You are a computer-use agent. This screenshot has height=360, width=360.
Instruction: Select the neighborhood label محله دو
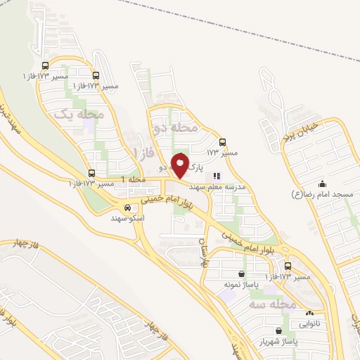click(169, 128)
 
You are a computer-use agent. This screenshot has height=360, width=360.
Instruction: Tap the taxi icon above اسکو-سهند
click(127, 208)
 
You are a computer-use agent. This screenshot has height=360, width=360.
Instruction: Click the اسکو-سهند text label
click(127, 219)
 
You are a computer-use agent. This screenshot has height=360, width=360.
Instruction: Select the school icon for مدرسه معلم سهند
click(217, 176)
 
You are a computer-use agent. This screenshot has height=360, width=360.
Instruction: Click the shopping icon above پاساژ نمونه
click(243, 274)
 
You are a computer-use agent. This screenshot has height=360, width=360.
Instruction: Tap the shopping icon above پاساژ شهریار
click(281, 330)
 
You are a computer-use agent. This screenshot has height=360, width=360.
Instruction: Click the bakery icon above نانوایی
click(309, 314)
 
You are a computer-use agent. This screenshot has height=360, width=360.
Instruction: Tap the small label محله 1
click(134, 180)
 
